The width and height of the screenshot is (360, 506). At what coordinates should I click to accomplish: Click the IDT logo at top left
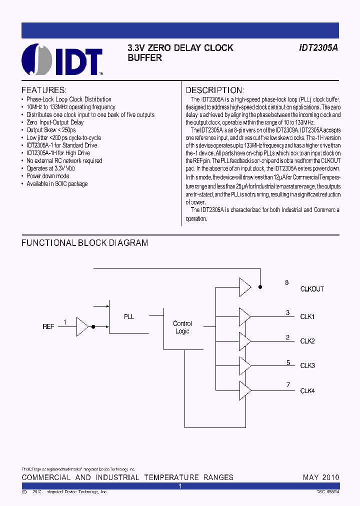62,59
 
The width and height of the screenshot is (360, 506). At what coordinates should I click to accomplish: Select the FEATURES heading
44,90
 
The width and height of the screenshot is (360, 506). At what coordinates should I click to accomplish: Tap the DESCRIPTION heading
214,90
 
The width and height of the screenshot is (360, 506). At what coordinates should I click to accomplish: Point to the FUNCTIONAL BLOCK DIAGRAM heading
84,243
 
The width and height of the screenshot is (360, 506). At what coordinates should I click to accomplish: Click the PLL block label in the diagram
129,316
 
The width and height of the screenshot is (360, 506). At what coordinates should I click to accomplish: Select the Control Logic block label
182,327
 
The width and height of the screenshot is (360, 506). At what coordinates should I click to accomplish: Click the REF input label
48,326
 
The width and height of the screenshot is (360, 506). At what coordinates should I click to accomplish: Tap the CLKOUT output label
312,289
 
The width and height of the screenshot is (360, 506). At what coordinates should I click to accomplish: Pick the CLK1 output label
307,316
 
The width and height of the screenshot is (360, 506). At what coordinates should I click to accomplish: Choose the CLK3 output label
307,365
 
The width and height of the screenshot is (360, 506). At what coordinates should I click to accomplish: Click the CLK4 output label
307,390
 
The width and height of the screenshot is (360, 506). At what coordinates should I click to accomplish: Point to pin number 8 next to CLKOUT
287,283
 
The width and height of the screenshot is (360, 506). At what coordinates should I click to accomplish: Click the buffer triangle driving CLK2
245,340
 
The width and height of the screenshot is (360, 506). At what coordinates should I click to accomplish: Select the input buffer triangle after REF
82,326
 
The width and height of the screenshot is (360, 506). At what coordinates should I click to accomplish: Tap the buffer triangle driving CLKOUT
245,287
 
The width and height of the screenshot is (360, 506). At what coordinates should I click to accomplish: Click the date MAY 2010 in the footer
320,477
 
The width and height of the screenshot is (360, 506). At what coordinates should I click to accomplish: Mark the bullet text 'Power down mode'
48,176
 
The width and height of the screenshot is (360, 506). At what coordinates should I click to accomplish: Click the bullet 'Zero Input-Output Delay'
55,122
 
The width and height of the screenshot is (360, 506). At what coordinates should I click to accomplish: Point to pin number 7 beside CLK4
288,384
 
